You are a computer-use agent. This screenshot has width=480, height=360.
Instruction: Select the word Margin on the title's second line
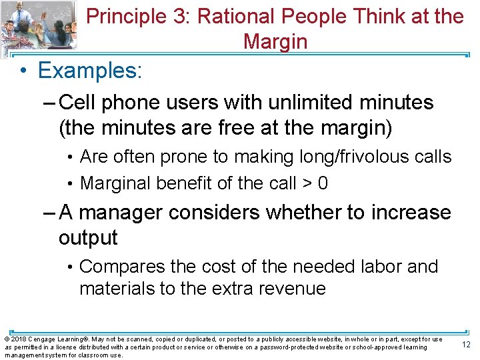(x=275, y=41)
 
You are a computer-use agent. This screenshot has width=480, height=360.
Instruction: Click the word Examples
(x=90, y=70)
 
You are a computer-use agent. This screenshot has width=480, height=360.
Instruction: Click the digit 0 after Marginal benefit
(x=323, y=183)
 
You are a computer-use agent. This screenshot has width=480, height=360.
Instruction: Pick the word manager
(x=124, y=213)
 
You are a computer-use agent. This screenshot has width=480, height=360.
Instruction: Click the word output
(x=88, y=238)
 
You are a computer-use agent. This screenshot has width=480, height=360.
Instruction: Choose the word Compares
(x=122, y=267)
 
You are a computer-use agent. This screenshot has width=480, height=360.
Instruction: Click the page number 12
(x=465, y=345)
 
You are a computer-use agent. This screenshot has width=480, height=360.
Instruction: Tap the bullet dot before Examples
(x=23, y=71)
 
